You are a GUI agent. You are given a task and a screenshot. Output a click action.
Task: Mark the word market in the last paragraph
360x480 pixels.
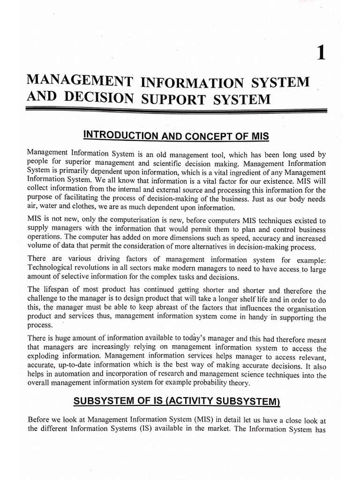(244, 426)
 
